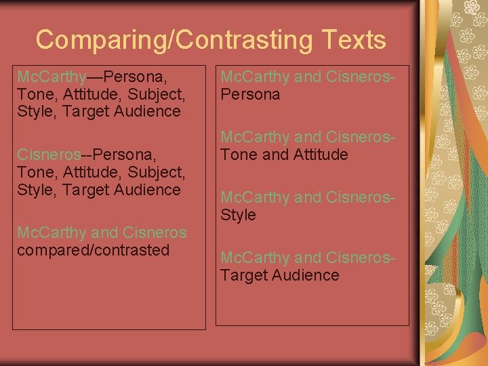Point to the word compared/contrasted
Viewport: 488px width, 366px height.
(x=93, y=250)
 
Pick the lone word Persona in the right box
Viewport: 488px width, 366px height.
(x=250, y=95)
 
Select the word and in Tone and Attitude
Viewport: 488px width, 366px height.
(x=275, y=155)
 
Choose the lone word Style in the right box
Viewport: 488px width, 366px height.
(x=238, y=216)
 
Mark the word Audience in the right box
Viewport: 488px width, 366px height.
(x=306, y=276)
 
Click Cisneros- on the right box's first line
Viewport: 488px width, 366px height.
(x=361, y=77)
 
